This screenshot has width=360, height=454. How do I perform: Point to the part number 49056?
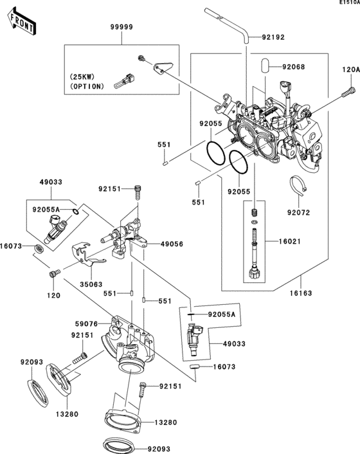pos(170,244)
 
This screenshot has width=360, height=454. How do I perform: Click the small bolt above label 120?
pos(53,275)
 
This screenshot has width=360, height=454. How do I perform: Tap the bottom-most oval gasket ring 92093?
pos(118,446)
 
